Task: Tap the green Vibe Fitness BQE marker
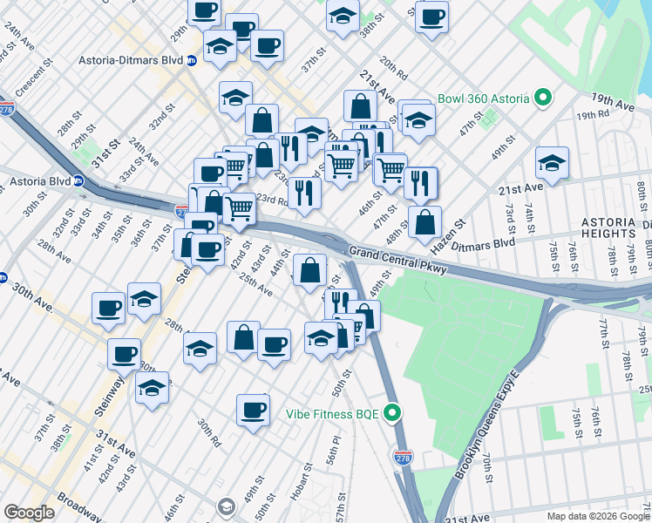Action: pyautogui.click(x=393, y=413)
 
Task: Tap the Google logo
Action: pyautogui.click(x=29, y=513)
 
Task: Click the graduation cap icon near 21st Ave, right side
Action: pyautogui.click(x=552, y=162)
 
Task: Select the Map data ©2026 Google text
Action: pyautogui.click(x=599, y=516)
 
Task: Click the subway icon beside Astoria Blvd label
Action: pyautogui.click(x=78, y=182)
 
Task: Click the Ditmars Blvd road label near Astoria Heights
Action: pyautogui.click(x=489, y=244)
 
